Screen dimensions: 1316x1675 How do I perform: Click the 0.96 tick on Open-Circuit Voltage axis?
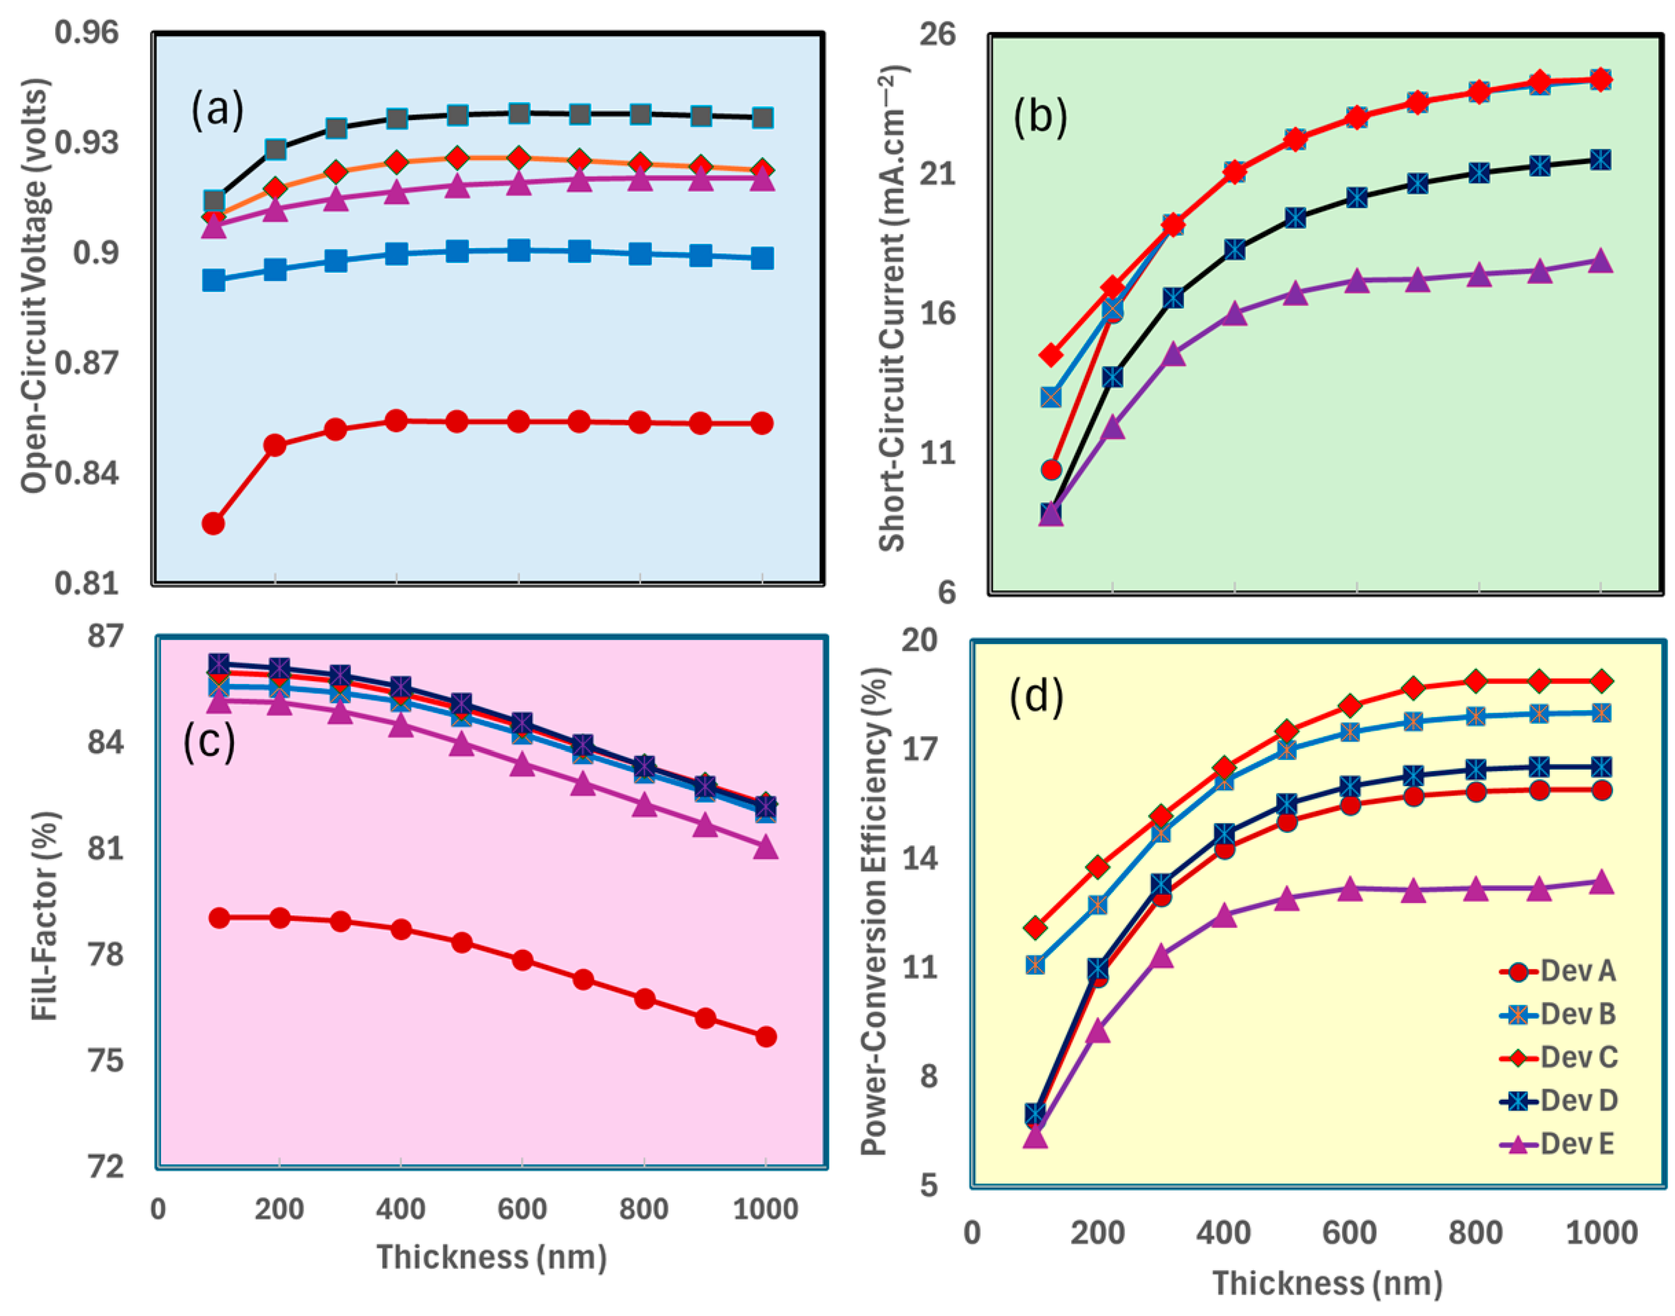(87, 33)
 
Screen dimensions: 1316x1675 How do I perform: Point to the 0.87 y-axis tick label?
(87, 363)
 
